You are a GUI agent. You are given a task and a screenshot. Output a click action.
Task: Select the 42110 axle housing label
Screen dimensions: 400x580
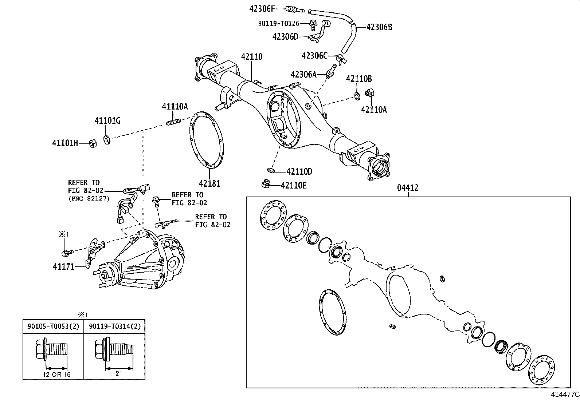click(251, 57)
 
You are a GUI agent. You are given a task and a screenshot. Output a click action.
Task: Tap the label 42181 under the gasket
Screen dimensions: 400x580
click(209, 183)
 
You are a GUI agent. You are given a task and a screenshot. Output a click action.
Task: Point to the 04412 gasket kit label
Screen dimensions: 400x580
click(408, 188)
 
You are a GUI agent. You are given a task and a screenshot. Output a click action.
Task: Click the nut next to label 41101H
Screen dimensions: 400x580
click(93, 143)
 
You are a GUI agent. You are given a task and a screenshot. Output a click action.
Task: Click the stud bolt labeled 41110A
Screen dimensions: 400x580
click(173, 122)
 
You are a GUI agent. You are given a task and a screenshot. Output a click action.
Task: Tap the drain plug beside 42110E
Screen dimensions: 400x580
click(266, 184)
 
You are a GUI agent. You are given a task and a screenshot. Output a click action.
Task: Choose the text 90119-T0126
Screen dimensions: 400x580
click(278, 23)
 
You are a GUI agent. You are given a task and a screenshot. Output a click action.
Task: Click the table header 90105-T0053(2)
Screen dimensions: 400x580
click(53, 326)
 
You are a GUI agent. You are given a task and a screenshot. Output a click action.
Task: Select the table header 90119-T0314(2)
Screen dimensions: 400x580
click(114, 326)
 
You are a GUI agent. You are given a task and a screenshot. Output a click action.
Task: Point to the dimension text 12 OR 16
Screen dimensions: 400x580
click(56, 374)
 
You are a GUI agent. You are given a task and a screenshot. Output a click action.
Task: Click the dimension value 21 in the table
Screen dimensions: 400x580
click(118, 373)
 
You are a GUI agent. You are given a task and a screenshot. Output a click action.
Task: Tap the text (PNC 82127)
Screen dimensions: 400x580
click(89, 199)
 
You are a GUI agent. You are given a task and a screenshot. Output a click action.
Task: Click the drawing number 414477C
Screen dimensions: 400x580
click(565, 394)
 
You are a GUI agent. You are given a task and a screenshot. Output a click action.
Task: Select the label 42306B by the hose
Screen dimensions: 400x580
click(379, 27)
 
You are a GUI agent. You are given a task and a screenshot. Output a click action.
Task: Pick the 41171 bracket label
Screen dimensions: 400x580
click(63, 267)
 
